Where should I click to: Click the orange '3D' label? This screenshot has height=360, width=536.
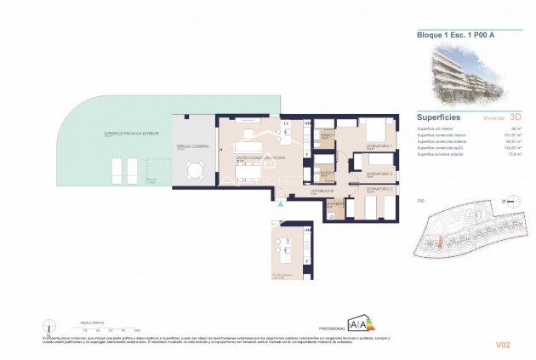coord(503,120)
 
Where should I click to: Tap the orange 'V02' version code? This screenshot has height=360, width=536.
coord(503,344)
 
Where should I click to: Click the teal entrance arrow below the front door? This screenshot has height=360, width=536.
coord(278,203)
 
